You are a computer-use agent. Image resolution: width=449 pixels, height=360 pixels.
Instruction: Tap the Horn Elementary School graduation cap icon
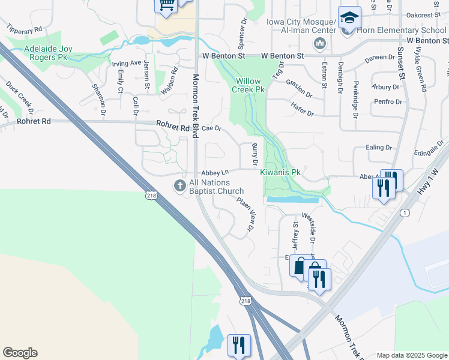coord(349,17)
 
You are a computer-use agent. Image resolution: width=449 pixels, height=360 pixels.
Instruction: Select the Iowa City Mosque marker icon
coord(319,43)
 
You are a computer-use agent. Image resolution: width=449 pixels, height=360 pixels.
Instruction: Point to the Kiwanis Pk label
coord(280,172)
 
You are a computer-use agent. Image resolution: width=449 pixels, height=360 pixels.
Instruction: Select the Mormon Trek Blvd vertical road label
coord(195,106)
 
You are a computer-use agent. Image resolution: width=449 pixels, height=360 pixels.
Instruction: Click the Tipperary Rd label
coord(25,28)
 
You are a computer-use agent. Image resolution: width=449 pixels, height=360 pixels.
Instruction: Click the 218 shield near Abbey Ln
coord(151,194)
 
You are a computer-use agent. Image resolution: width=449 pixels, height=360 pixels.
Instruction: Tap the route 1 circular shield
coord(406,213)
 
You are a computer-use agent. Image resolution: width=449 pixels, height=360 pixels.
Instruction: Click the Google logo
coord(20,353)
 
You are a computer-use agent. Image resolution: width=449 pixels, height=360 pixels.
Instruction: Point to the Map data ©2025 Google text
coord(411,355)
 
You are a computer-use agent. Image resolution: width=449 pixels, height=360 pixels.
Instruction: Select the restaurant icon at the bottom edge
coord(238,345)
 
